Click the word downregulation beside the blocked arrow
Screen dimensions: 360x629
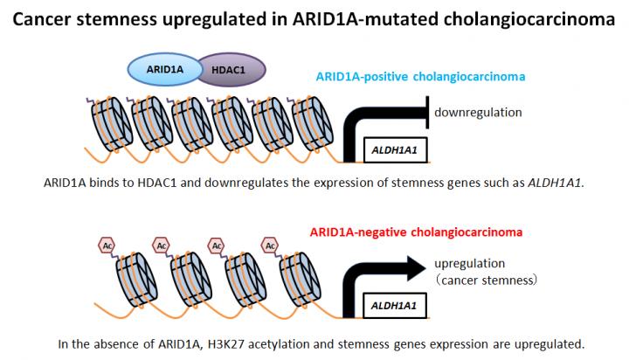(x=477, y=112)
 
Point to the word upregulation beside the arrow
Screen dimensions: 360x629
(x=469, y=263)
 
